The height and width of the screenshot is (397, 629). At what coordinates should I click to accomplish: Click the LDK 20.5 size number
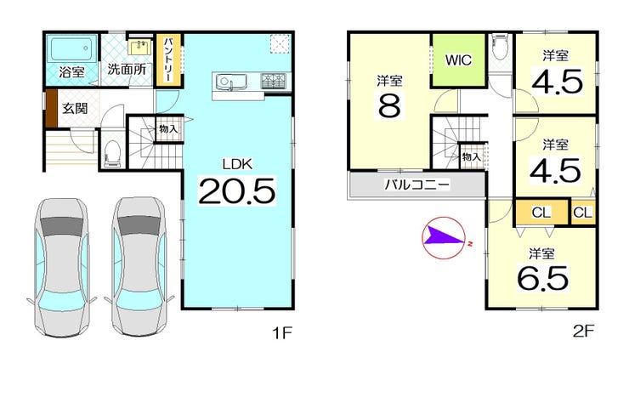(237, 191)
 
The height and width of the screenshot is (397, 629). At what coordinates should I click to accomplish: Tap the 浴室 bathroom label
(71, 72)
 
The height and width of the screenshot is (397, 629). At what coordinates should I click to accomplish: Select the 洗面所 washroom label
(127, 69)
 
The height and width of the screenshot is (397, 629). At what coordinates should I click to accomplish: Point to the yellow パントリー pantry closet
(168, 60)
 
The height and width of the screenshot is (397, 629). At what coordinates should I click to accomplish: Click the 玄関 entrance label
(75, 108)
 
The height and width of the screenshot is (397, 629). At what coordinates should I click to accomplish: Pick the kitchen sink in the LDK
(224, 82)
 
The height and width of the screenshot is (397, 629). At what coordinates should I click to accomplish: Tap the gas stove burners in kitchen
(274, 81)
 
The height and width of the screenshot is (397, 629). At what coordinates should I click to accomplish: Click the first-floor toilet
(112, 154)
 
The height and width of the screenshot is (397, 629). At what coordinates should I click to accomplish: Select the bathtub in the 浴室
(72, 48)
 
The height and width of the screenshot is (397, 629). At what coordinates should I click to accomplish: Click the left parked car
(62, 268)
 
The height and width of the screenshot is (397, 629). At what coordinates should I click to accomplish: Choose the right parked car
(139, 267)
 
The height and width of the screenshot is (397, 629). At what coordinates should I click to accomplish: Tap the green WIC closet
(458, 60)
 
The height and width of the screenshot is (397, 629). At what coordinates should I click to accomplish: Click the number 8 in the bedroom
(389, 105)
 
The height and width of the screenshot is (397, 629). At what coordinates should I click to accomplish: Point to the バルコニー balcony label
(417, 184)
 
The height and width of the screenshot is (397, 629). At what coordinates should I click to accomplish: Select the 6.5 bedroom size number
(542, 278)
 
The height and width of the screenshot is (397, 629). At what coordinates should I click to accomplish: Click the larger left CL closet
(542, 213)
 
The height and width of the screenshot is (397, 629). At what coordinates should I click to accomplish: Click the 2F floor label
(583, 331)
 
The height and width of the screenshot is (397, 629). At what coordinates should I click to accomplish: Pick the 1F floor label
(282, 332)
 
